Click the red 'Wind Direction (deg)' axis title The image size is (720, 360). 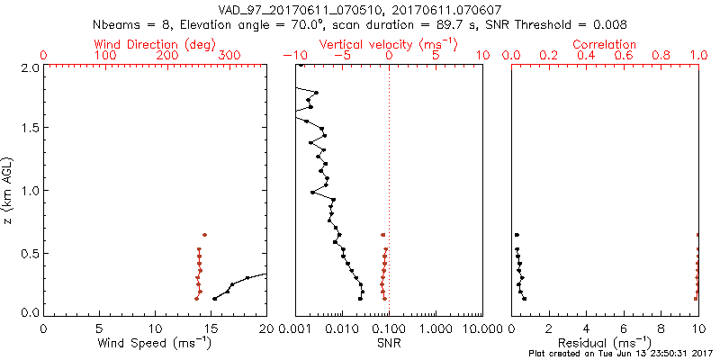tap(155, 44)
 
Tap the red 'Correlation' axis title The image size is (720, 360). tap(605, 44)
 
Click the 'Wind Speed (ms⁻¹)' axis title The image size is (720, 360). tap(155, 343)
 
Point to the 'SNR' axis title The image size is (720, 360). tap(389, 343)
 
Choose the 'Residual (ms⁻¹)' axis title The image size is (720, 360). tap(605, 343)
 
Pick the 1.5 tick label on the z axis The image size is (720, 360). tap(29, 128)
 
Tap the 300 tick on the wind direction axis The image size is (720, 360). tap(229, 57)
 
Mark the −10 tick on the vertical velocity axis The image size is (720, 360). tap(294, 57)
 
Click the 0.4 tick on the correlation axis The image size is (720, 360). tap(586, 57)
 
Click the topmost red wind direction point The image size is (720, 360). tap(204, 235)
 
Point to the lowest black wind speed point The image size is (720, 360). tap(214, 299)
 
